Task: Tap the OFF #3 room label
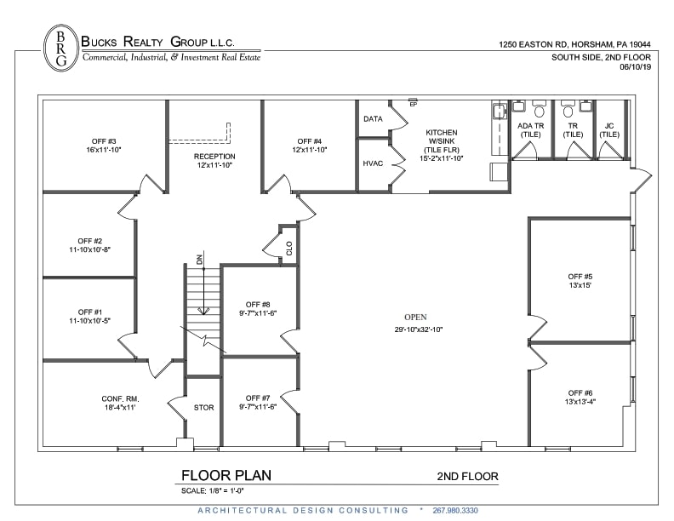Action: (104, 146)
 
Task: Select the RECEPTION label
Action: (214, 161)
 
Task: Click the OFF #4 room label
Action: (310, 146)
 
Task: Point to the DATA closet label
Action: (373, 119)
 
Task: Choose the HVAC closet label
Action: (373, 163)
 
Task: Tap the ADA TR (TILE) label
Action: (530, 129)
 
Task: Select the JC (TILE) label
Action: (608, 129)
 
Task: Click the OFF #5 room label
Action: (580, 282)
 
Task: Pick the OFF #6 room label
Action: (580, 398)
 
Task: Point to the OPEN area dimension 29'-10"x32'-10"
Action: (418, 329)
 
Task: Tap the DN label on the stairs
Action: (199, 260)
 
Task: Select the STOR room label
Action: (204, 408)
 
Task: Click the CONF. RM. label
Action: (118, 403)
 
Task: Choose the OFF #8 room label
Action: (257, 309)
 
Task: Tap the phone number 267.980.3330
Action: (468, 510)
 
